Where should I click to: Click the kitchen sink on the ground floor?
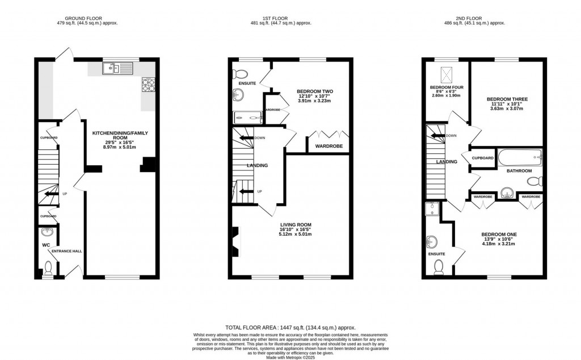tap(117, 69)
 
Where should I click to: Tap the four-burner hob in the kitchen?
tap(148, 84)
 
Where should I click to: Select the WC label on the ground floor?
tap(46, 245)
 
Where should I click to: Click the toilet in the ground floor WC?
tap(48, 267)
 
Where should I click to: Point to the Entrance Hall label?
tap(67, 250)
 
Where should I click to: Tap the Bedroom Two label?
tap(314, 91)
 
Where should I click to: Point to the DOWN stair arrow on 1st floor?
tap(246, 138)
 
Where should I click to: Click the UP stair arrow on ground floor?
tap(53, 194)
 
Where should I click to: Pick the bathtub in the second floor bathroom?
tap(520, 158)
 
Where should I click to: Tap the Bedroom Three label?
tap(507, 99)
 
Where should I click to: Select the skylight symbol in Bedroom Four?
tap(447, 73)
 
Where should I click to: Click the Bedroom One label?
tap(499, 234)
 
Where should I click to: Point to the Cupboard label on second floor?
tap(483, 158)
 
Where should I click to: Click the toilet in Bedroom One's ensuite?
tap(438, 270)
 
